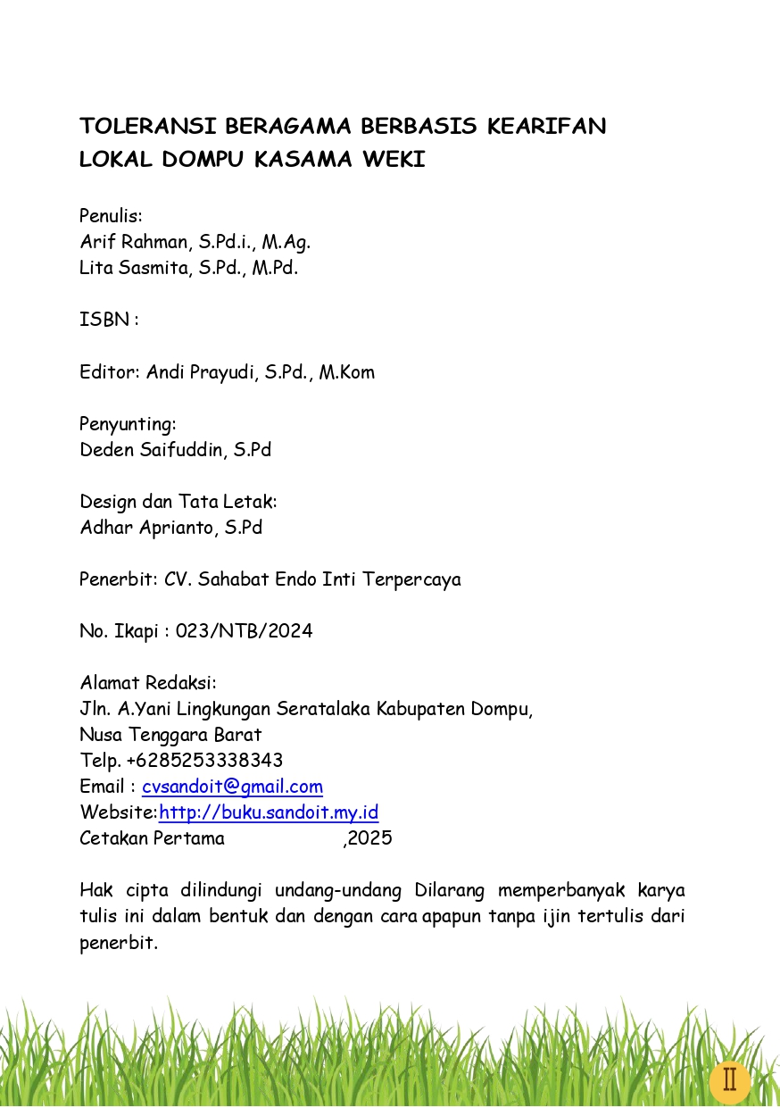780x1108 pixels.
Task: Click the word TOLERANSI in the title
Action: (146, 126)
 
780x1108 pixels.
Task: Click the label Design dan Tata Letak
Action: (178, 502)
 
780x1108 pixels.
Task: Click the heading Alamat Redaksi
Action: (148, 684)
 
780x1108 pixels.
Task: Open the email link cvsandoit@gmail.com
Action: (232, 787)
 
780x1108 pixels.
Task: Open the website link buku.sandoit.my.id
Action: (269, 813)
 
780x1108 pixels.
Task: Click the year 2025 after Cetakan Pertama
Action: (370, 839)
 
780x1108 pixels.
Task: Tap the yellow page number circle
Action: (729, 1080)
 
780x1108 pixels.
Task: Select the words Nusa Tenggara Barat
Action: (170, 736)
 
